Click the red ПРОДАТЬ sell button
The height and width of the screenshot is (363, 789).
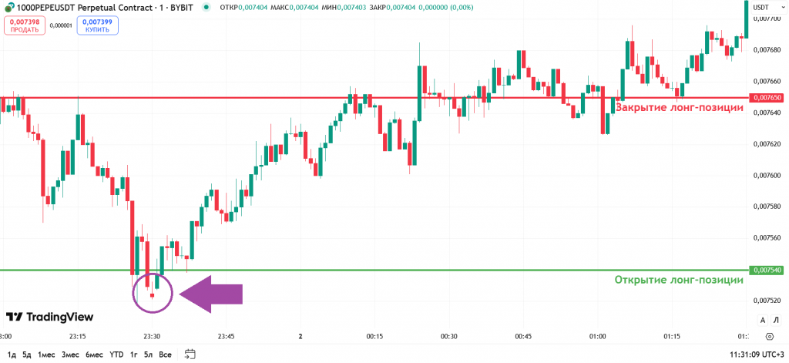coord(24,25)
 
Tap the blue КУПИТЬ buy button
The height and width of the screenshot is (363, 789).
coord(97,25)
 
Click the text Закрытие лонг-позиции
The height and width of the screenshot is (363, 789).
coord(679,107)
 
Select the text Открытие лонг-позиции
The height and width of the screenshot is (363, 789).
coord(679,280)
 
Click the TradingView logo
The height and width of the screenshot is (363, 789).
coord(49,317)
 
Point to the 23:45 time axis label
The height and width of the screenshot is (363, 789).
coord(227,336)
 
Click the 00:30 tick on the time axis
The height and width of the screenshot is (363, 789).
coord(448,336)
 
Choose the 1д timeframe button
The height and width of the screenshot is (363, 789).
coord(11,355)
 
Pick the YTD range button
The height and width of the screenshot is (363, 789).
coord(116,355)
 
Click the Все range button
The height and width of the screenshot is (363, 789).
coord(165,355)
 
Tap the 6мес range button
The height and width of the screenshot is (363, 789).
coord(93,355)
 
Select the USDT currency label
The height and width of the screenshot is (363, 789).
coord(760,7)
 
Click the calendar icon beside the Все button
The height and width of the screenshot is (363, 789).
coord(190,355)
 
